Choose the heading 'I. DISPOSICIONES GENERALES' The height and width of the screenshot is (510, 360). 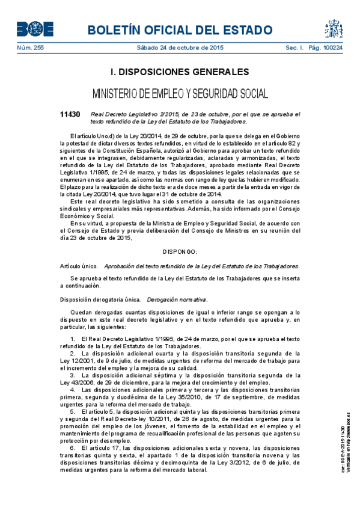pos(180,72)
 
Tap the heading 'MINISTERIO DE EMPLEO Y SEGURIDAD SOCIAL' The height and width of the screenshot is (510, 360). pos(180,94)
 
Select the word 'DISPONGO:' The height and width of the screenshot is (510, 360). pos(180,251)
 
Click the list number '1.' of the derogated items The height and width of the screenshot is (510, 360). pos(73,340)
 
